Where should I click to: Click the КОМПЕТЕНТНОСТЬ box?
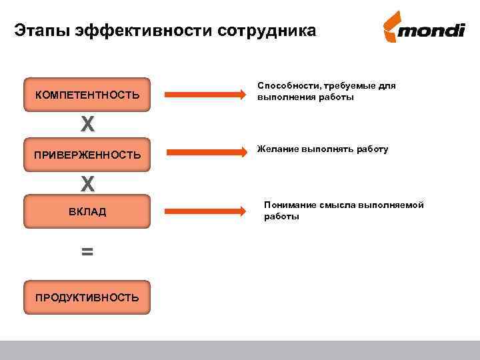(x=87, y=96)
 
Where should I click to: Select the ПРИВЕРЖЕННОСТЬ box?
(x=87, y=155)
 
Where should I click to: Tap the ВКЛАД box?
(x=87, y=212)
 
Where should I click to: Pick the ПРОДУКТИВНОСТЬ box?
(x=87, y=297)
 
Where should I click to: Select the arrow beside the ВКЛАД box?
(x=205, y=211)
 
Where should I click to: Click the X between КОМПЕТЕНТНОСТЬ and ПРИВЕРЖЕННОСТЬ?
(x=87, y=124)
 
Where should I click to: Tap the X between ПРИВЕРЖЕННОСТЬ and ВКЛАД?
(x=87, y=183)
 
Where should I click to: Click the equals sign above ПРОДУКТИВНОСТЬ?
(x=87, y=252)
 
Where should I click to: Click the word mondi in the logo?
(x=434, y=32)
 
